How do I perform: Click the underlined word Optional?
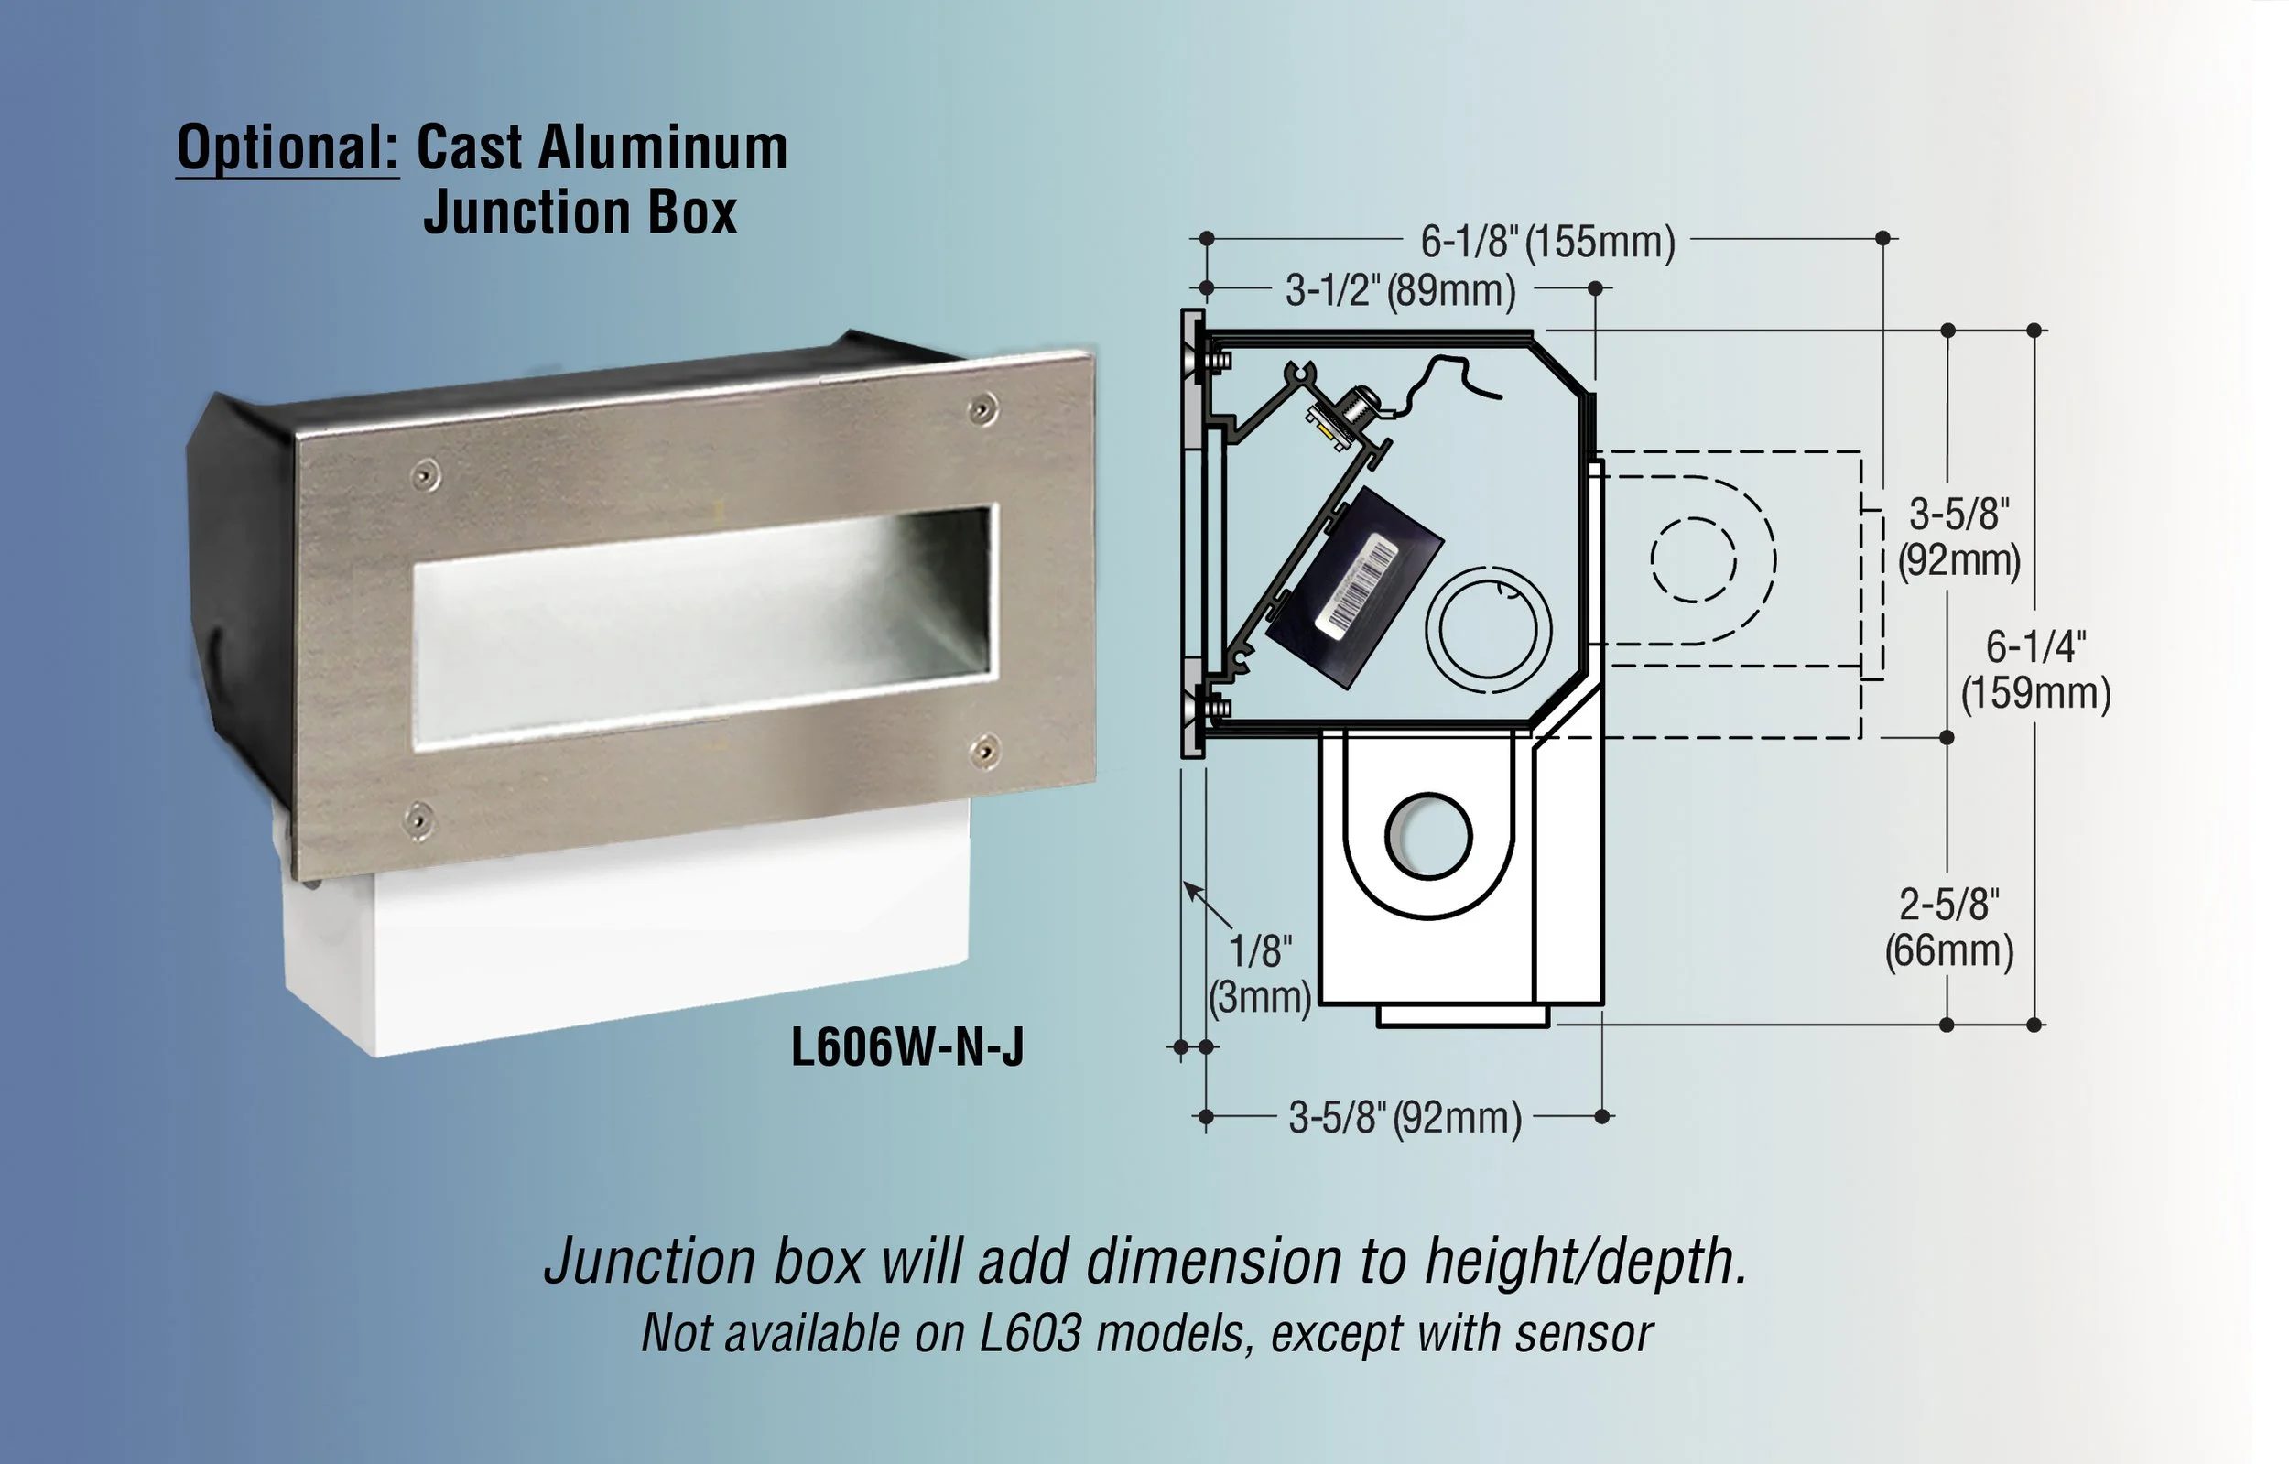287,149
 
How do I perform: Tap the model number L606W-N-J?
906,1047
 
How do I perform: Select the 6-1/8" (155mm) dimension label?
1546,241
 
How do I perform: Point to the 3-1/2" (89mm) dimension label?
1400,290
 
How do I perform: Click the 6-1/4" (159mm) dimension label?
2035,670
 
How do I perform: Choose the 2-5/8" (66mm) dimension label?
1948,927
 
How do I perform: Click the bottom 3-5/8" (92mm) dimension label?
1405,1118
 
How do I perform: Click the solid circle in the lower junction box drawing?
1427,836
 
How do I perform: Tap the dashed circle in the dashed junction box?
1693,560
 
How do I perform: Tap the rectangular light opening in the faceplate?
703,627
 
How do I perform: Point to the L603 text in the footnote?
1030,1334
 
